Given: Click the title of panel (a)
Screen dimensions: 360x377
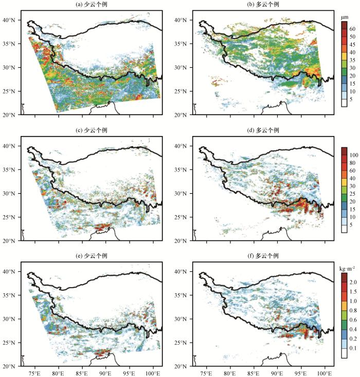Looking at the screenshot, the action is [x=92, y=4].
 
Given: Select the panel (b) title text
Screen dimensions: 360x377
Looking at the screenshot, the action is [x=263, y=4].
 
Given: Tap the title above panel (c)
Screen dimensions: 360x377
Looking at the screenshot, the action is [x=92, y=130].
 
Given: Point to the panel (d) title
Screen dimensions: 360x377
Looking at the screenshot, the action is [x=263, y=130].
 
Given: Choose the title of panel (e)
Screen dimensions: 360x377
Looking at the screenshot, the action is [x=92, y=256].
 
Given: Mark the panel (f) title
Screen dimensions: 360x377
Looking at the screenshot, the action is [x=263, y=256].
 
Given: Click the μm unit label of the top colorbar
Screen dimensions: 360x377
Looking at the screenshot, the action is [x=345, y=17].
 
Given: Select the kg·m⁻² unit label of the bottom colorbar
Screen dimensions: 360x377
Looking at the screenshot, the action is [x=347, y=269].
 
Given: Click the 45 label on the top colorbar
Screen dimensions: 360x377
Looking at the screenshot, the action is [x=352, y=45].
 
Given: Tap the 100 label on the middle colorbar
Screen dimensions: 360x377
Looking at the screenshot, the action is [x=354, y=155].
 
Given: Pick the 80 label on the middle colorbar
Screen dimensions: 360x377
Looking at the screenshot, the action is [x=352, y=163].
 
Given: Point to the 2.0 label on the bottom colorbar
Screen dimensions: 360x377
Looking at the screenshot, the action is [x=353, y=282].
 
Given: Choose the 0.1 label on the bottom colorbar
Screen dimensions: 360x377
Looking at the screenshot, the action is [x=353, y=348].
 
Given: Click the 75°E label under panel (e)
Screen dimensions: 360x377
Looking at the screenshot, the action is [x=34, y=373].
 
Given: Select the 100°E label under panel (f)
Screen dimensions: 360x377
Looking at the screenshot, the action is [x=325, y=373].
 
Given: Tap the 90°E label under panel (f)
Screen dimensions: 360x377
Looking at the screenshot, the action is [x=277, y=373].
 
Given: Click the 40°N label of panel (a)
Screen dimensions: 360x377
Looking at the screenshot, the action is [x=9, y=20].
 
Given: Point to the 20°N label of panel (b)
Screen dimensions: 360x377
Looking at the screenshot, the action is [x=181, y=115].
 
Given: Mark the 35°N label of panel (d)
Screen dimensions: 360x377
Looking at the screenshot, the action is [x=181, y=170].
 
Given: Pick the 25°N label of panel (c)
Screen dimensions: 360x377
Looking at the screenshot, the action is [x=9, y=217].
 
